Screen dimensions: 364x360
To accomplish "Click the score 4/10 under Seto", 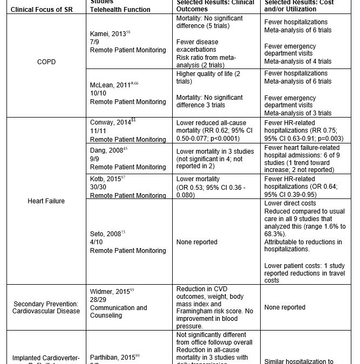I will point(96,242).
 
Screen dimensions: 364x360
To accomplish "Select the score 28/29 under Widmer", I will point(98,299).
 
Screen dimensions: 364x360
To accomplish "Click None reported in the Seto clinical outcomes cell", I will point(198,242).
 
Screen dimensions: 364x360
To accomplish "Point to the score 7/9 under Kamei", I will point(94,41).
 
